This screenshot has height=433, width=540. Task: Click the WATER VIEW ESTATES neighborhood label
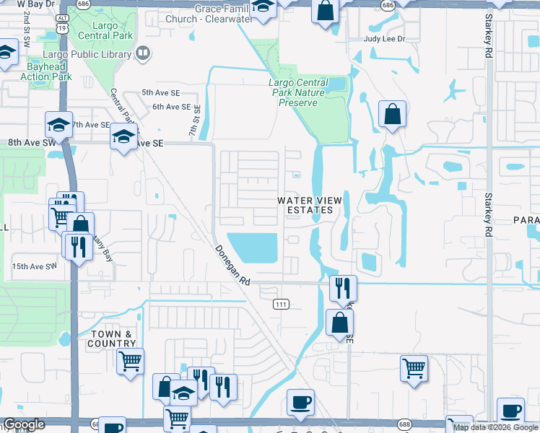(307, 206)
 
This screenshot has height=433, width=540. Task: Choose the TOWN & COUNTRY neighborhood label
(112, 338)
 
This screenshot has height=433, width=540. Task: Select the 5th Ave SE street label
(160, 93)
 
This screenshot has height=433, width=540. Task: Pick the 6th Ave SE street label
(170, 107)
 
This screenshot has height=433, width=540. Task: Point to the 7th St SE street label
(194, 118)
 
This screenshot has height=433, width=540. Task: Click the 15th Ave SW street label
(34, 266)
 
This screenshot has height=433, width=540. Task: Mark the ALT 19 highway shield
(63, 24)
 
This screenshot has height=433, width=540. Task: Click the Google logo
(24, 424)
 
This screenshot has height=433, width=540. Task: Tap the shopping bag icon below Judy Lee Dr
(391, 115)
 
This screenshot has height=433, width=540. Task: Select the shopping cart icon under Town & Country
(130, 361)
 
